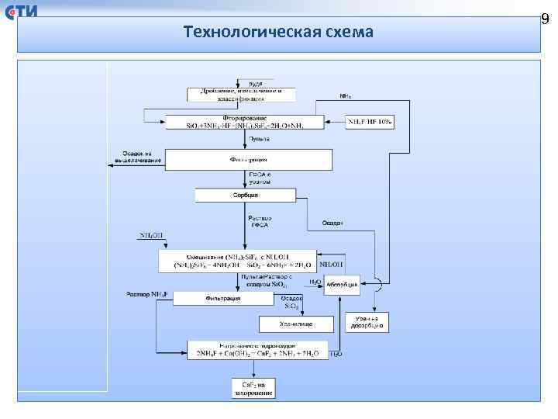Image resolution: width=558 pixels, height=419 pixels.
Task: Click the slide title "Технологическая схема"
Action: [279, 32]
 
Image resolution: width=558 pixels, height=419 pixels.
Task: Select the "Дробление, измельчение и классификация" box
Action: [241, 95]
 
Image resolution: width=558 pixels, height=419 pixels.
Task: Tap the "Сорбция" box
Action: [245, 195]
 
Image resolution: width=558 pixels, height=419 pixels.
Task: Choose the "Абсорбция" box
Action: [341, 285]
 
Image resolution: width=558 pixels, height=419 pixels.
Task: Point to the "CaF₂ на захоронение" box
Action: [253, 389]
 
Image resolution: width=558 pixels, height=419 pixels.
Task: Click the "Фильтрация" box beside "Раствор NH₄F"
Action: [222, 298]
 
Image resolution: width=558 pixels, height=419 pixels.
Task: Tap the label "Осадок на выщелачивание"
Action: [141, 157]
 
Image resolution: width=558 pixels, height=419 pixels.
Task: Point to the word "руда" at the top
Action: [255, 81]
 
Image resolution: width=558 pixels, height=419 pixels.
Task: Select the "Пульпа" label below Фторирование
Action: [259, 139]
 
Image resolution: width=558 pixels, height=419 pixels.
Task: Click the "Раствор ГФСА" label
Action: [259, 222]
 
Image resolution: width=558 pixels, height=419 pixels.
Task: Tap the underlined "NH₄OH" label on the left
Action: [151, 235]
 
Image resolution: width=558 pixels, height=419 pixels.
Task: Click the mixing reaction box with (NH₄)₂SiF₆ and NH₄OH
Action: [238, 261]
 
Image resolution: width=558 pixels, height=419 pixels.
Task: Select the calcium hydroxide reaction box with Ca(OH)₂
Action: [257, 350]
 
